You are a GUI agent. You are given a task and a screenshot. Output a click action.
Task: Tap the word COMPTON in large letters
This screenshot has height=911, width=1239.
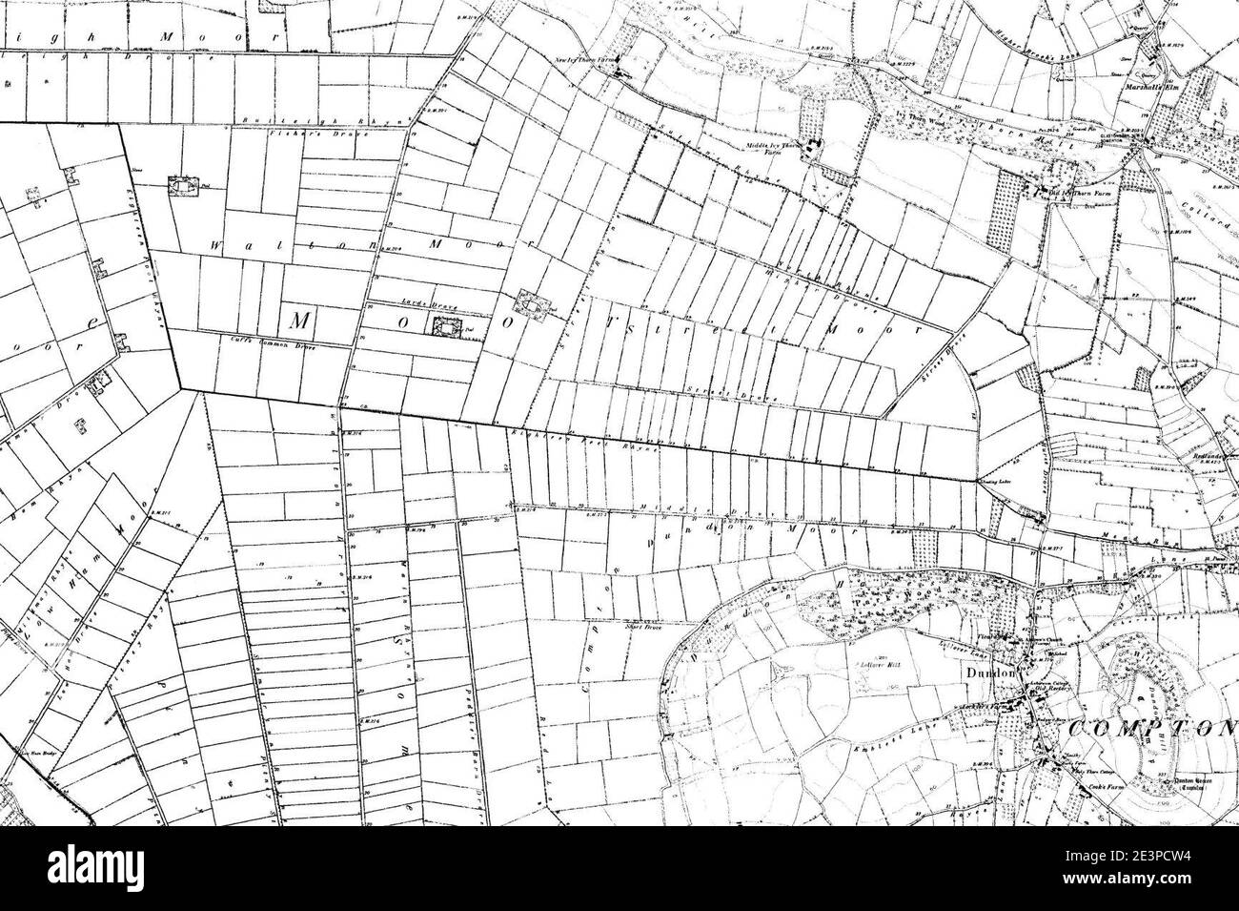[1152, 728]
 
